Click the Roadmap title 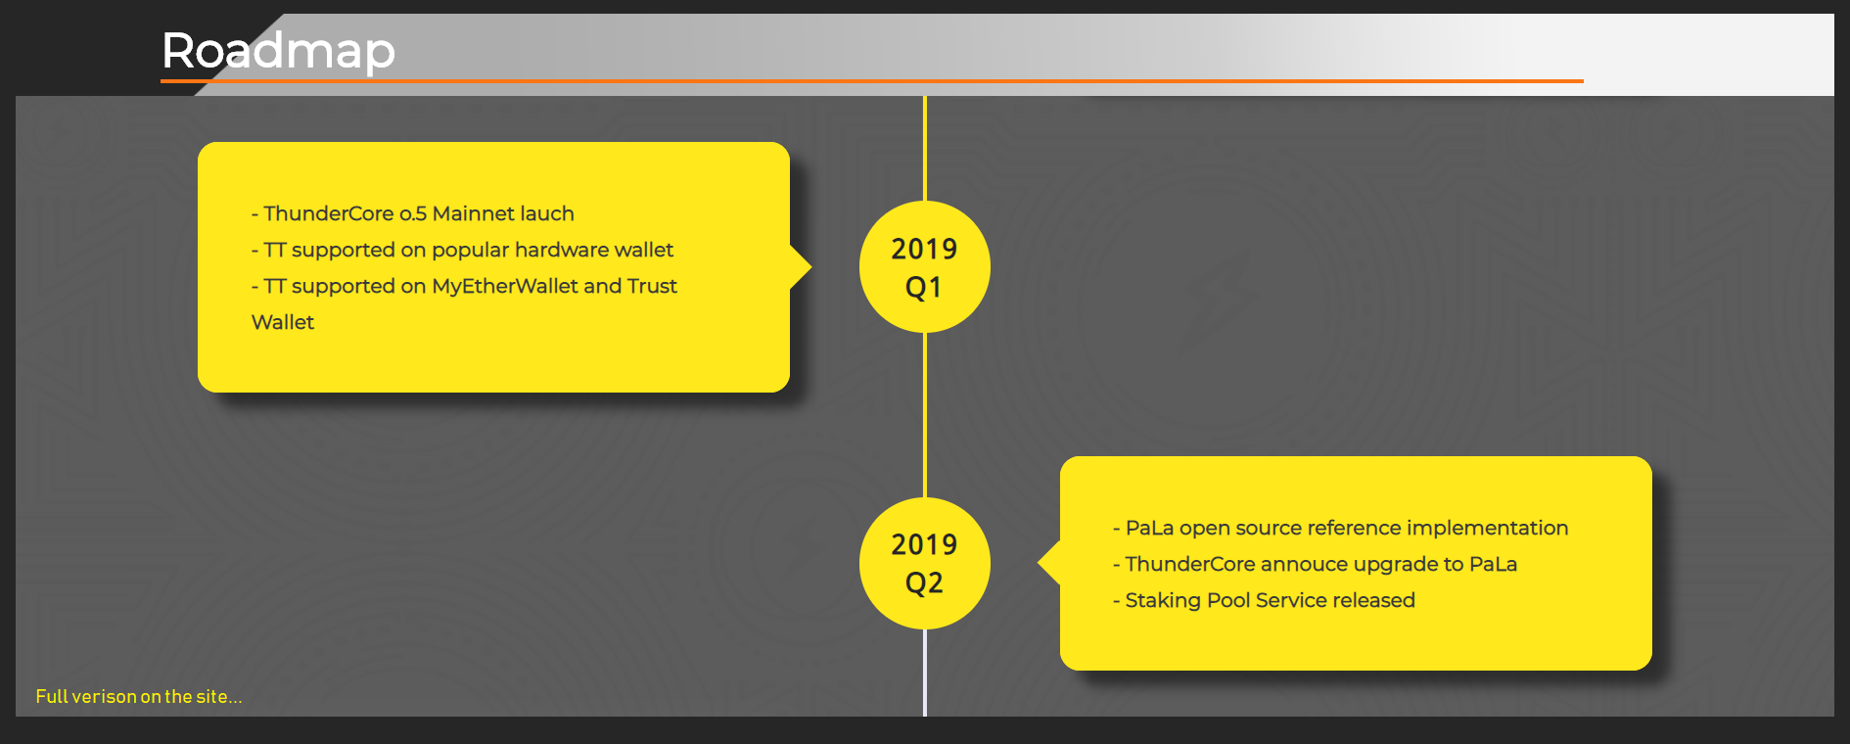[278, 51]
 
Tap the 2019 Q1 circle [925, 266]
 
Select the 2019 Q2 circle [925, 563]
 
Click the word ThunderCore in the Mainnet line [328, 213]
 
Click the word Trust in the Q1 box [652, 286]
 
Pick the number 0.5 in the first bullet [413, 213]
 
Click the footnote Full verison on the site [139, 697]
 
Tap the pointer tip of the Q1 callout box [811, 266]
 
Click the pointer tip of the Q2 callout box [1039, 563]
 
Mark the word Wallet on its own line [283, 322]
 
